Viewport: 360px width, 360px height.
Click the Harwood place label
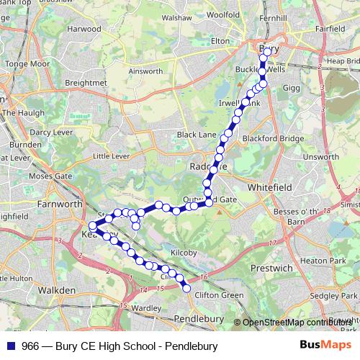(x=84, y=29)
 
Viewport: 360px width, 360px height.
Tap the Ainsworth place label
(x=145, y=71)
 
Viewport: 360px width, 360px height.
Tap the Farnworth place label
(x=60, y=204)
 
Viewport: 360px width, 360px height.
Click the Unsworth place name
(x=321, y=156)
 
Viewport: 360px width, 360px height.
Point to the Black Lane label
(x=197, y=135)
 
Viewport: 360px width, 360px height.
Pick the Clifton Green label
(x=219, y=294)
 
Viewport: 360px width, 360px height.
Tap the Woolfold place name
(x=222, y=14)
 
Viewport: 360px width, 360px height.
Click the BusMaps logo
(x=325, y=346)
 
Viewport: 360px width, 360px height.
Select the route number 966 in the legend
(x=30, y=346)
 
